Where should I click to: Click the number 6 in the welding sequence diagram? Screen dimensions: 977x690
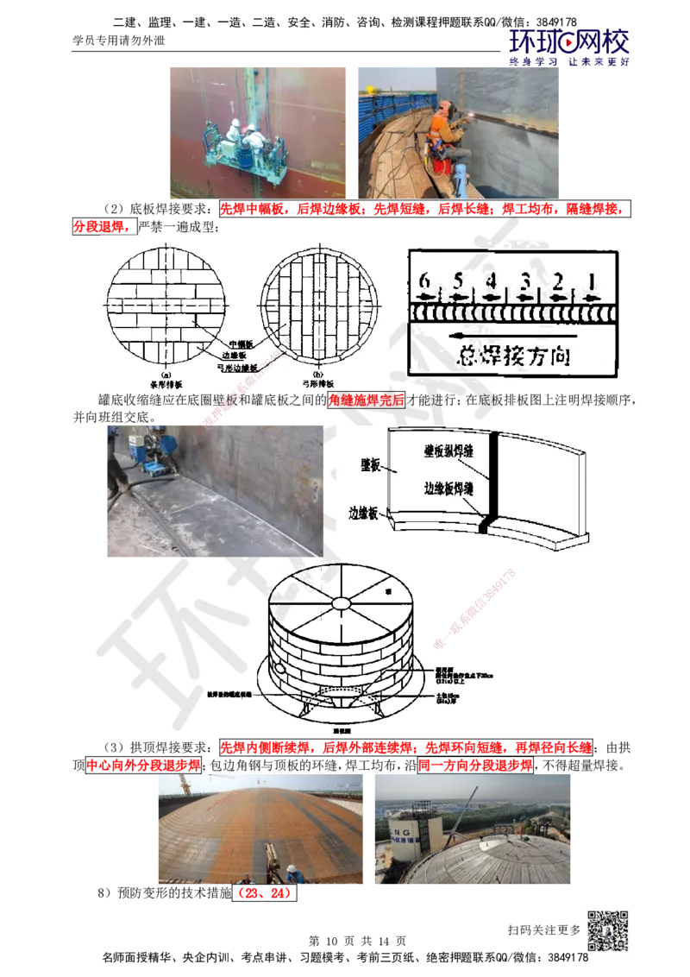click(423, 280)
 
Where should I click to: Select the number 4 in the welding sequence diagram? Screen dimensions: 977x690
click(491, 280)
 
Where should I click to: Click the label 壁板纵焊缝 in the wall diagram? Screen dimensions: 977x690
click(452, 449)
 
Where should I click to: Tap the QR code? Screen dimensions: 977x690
click(606, 931)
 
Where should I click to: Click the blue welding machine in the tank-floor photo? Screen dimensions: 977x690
click(156, 445)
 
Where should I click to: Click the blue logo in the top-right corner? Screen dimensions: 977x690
click(569, 45)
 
